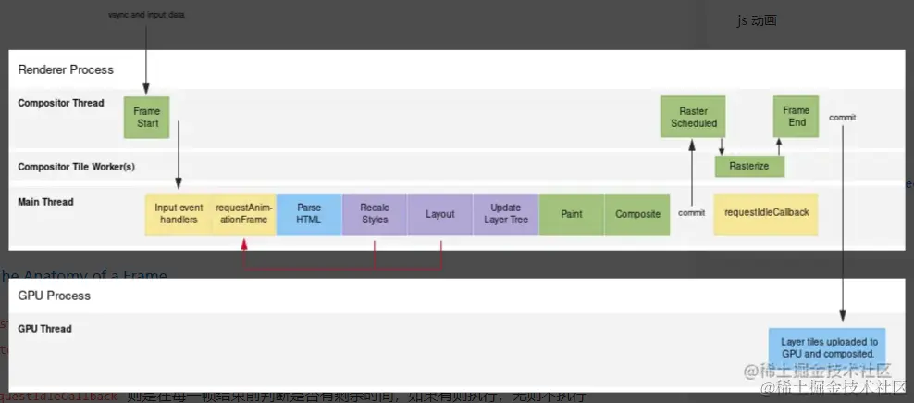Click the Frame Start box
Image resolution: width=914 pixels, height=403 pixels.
point(146,117)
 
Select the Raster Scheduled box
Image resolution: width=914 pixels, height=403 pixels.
point(693,117)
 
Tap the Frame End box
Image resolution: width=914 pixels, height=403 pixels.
point(797,116)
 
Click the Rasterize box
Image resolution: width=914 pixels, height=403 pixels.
point(749,166)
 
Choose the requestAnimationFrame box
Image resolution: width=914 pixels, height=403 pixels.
point(243,214)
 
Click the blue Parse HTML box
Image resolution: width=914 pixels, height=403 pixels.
point(308,214)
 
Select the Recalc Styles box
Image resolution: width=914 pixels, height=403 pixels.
point(374,214)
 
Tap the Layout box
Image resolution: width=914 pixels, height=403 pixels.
point(439,214)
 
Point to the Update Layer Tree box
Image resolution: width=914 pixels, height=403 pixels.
point(505,214)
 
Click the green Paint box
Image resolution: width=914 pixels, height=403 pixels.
point(571,214)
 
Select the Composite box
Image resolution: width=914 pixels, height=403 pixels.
point(637,214)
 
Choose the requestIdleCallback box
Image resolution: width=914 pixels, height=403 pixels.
point(766,213)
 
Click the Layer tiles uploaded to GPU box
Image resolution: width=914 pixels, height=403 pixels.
point(826,347)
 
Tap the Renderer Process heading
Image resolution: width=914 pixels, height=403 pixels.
point(66,69)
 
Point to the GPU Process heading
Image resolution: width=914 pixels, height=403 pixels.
point(55,296)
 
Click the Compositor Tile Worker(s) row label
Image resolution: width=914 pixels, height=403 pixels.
point(76,167)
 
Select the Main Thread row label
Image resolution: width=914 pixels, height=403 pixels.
point(45,202)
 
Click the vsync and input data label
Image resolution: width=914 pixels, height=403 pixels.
point(146,15)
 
